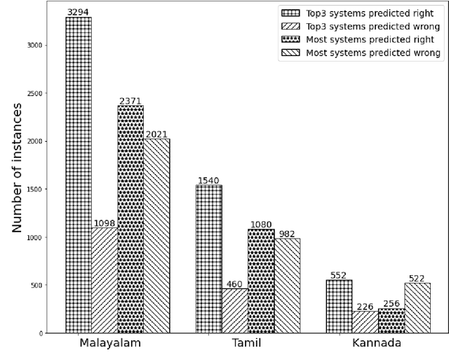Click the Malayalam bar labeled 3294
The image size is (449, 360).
(79, 175)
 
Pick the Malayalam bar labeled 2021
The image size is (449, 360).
(156, 236)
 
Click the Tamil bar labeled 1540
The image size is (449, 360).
(209, 259)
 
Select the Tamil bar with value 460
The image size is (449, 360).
(235, 311)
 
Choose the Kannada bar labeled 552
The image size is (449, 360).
(340, 306)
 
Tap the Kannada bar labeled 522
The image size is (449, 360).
(417, 307)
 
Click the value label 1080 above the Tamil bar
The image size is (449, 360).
(261, 225)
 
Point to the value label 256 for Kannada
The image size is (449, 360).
(391, 303)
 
